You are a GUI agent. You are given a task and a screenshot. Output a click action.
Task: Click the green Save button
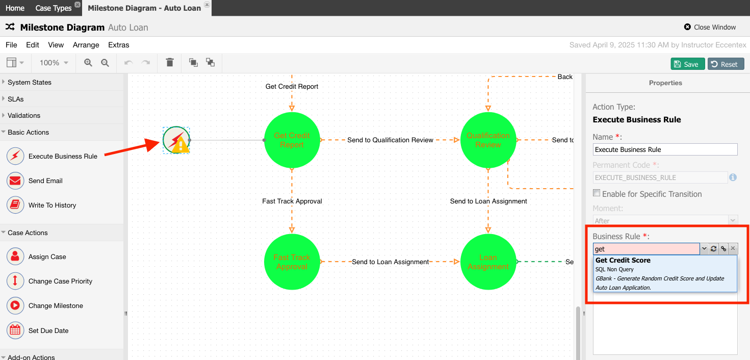pos(687,64)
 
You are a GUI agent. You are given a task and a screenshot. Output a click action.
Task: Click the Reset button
pos(726,64)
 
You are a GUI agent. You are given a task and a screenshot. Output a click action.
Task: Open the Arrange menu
pos(86,45)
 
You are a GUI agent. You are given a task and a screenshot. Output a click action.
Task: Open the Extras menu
pos(118,45)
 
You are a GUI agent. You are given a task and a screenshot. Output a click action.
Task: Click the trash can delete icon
pos(170,62)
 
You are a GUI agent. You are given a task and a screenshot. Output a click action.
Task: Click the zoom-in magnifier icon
pos(88,63)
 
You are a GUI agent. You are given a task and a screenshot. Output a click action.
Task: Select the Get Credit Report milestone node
pos(292,140)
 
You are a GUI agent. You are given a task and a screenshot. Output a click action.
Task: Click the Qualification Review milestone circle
pos(488,140)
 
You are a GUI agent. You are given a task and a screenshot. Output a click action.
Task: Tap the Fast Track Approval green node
pos(292,262)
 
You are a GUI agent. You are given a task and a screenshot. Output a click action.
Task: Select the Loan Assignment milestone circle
pos(488,262)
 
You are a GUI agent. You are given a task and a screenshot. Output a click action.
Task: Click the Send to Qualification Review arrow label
pos(390,140)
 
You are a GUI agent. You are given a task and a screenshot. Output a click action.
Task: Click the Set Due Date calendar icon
pos(15,330)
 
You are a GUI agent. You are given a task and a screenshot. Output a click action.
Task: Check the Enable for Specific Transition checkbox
pos(597,193)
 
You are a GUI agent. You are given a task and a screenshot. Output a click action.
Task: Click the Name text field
pos(665,149)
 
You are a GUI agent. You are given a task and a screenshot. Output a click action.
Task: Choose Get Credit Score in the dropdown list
pos(665,274)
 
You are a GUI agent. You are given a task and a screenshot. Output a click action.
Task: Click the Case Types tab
pos(54,8)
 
